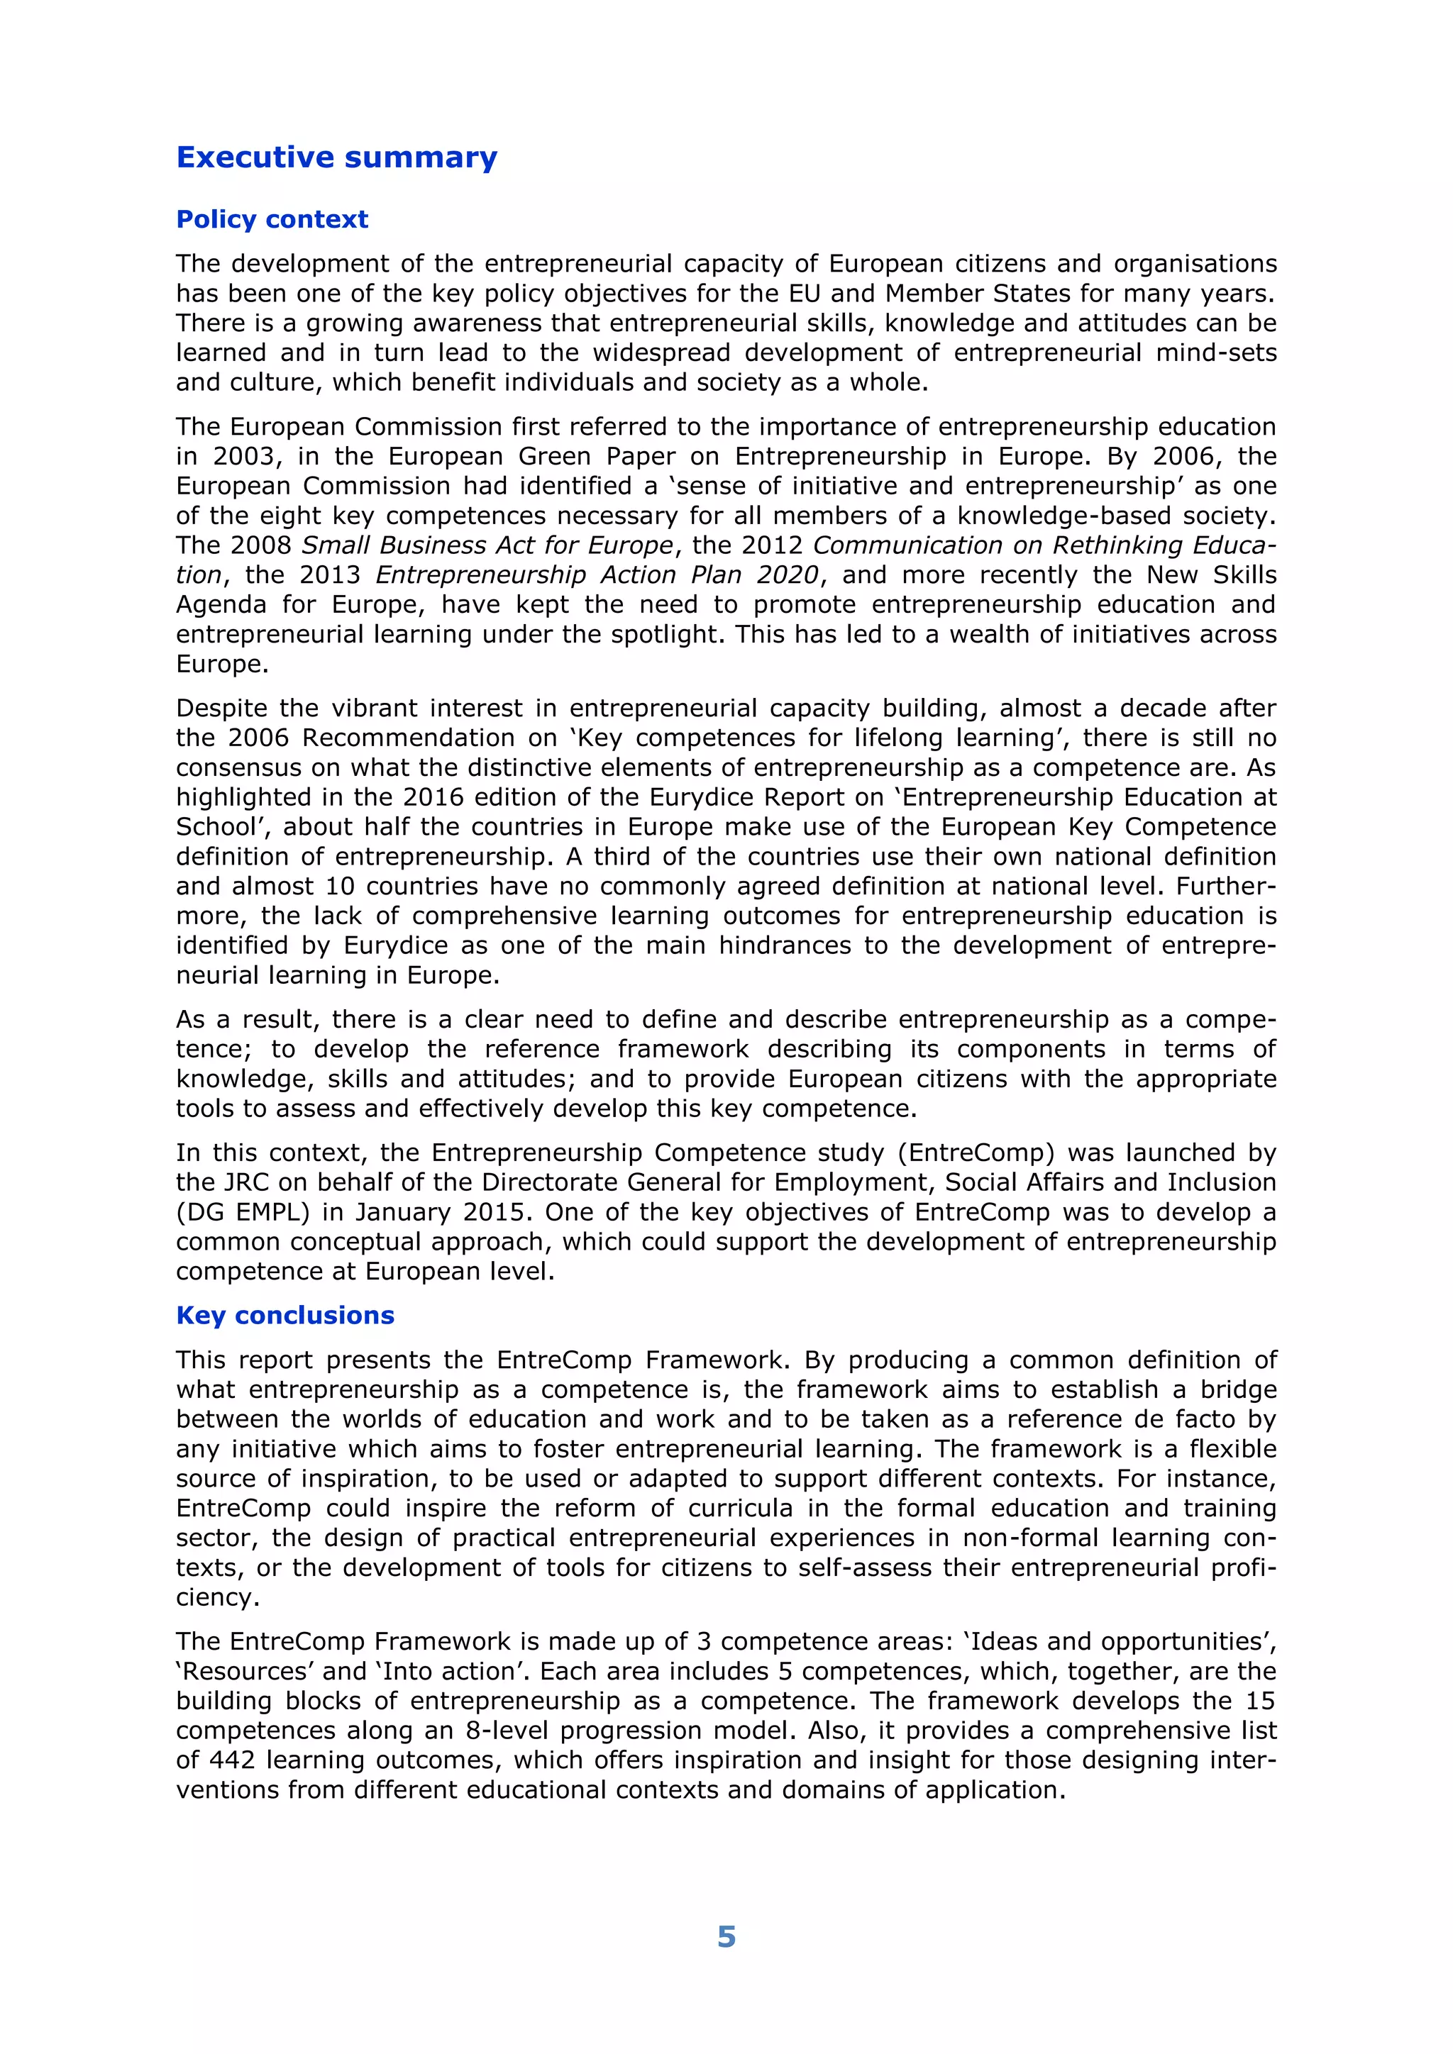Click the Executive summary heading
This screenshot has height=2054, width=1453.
coord(336,157)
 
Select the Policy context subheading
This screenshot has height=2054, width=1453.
coord(272,219)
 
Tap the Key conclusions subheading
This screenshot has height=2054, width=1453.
coord(285,1315)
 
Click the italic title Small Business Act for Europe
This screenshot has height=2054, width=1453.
coord(487,545)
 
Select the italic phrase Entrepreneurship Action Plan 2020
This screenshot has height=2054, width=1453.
coord(597,574)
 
